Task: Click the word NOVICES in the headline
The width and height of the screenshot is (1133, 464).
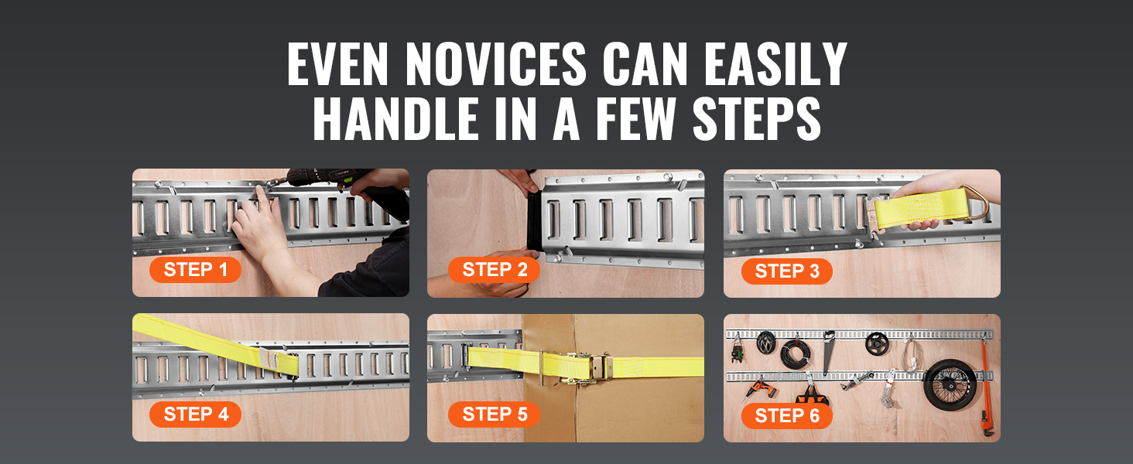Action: [x=495, y=64]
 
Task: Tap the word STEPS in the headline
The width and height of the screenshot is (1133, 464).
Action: [x=757, y=118]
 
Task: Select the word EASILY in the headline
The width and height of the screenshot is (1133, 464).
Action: [x=775, y=64]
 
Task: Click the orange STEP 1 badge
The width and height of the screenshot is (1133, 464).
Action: [x=195, y=270]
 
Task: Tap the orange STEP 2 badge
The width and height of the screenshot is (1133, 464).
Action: [x=495, y=270]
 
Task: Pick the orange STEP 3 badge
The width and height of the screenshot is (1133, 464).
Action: [x=787, y=271]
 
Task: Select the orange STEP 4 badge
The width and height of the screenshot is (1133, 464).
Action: [x=195, y=415]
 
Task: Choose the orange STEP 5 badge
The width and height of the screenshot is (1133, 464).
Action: [x=495, y=415]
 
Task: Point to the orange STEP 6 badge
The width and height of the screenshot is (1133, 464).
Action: [x=787, y=416]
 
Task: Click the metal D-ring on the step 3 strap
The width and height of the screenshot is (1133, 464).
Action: [x=976, y=202]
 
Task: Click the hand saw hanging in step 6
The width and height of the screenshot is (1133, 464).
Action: [x=828, y=351]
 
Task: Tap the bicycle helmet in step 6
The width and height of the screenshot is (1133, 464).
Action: [x=766, y=342]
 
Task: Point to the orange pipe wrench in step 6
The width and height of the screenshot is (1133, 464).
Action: [x=986, y=389]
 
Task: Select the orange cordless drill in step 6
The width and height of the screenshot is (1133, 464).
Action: [x=758, y=390]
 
